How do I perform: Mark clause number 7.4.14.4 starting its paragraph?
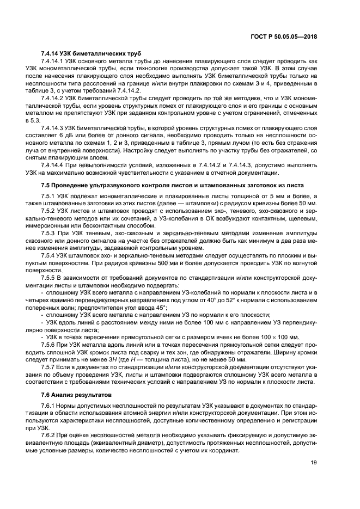pyautogui.click(x=53, y=163)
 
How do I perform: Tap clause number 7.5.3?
pyautogui.click(x=49, y=232)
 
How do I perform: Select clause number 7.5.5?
pyautogui.click(x=49, y=277)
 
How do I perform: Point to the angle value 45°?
pyautogui.click(x=160, y=308)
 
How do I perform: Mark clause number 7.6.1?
pyautogui.click(x=49, y=406)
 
